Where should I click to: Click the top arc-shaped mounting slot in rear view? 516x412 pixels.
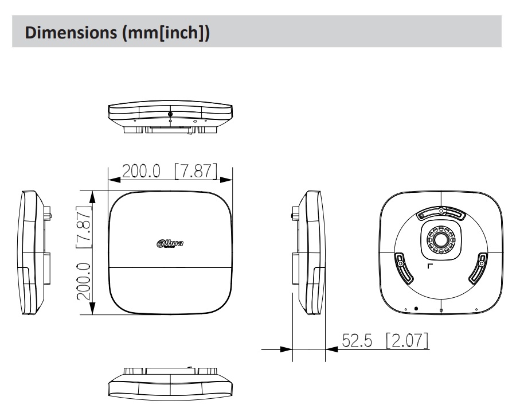(441, 214)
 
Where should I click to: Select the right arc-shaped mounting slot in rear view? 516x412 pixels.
(479, 269)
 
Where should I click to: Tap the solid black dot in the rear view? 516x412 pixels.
(416, 309)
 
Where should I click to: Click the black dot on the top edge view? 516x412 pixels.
(170, 114)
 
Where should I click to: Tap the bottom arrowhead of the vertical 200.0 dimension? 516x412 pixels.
(92, 309)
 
